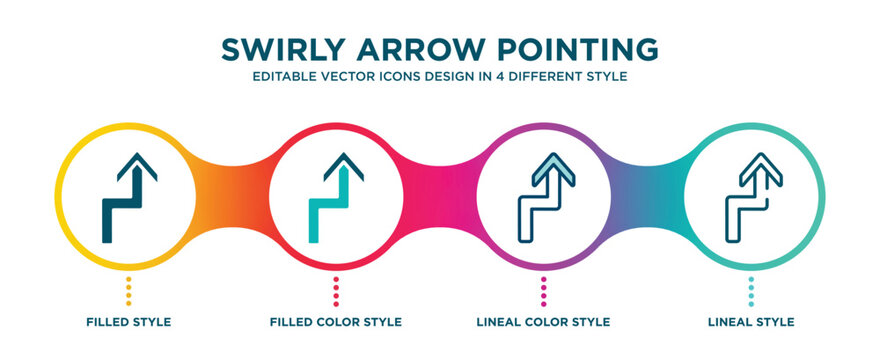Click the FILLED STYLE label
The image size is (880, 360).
pos(128,322)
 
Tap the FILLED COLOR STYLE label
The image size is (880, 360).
pos(336,322)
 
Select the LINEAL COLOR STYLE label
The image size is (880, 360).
pos(544,322)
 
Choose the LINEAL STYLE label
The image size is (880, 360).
pos(752,322)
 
